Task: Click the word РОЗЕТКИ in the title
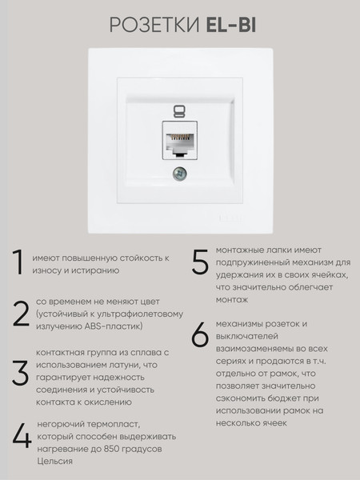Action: [x=154, y=25]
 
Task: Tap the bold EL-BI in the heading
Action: [x=231, y=25]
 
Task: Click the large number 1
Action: [x=19, y=262]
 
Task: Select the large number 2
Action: [x=21, y=314]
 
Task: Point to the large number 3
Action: [x=20, y=373]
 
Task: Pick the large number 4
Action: [x=22, y=436]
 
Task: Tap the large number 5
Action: [x=200, y=262]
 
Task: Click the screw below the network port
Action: [x=180, y=174]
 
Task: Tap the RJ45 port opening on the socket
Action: [x=180, y=143]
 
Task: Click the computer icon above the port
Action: [x=179, y=112]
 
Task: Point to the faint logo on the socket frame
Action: [x=230, y=218]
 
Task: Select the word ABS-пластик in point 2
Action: [x=114, y=326]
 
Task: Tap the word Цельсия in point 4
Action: [x=54, y=462]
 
